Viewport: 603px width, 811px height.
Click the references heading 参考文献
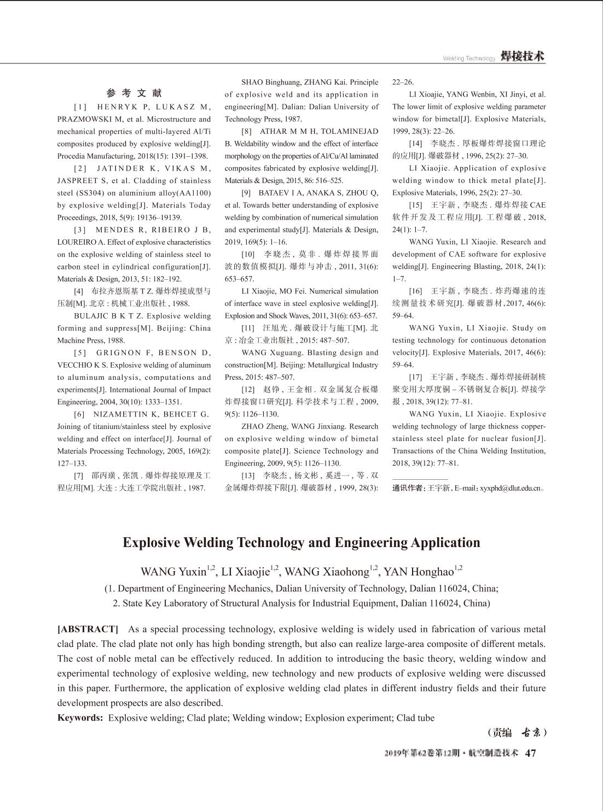[x=134, y=93]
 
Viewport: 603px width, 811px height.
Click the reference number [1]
[x=82, y=107]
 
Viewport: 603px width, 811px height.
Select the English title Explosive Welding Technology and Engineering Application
[x=301, y=543]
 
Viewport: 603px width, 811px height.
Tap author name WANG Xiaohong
[x=327, y=572]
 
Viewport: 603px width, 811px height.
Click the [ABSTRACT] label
[x=88, y=630]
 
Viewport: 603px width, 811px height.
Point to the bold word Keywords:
[x=80, y=718]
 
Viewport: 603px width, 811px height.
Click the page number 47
[x=530, y=753]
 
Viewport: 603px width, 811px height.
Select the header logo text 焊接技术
[x=523, y=57]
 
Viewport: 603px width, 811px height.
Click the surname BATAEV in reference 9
[x=275, y=193]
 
